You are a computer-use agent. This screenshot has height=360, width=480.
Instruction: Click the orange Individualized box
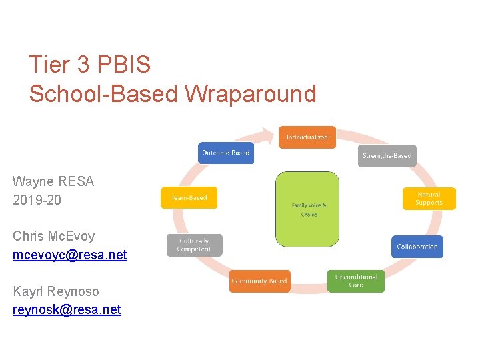point(307,137)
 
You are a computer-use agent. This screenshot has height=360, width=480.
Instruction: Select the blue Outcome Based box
point(225,153)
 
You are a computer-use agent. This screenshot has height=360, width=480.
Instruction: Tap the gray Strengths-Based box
point(387,156)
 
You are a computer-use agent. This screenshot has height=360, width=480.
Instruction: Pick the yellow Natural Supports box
point(429,199)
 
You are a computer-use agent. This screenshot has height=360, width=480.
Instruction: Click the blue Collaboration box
point(417,247)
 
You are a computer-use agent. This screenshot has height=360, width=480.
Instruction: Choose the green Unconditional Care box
point(356,281)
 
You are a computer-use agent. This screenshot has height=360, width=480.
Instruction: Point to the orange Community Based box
point(259,281)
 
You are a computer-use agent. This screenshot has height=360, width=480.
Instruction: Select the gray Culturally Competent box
point(194,245)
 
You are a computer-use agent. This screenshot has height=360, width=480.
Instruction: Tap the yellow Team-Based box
point(189,197)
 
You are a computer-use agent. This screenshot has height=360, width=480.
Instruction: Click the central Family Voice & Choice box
point(307,209)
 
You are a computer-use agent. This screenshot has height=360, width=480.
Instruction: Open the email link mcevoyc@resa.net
point(69,255)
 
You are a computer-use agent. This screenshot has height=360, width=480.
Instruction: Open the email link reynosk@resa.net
point(67,309)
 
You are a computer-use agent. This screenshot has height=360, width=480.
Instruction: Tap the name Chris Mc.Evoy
point(53,236)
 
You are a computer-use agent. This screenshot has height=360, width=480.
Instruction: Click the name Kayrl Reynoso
point(55,291)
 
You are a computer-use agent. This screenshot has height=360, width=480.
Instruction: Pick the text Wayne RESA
point(53,181)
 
